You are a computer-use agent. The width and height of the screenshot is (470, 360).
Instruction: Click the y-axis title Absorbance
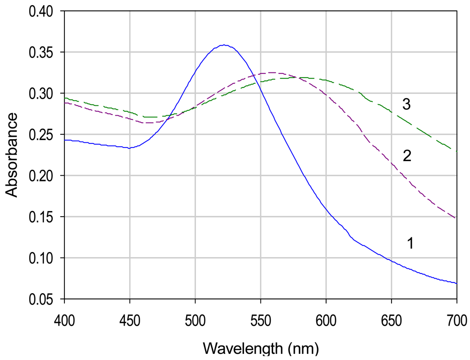pos(12,155)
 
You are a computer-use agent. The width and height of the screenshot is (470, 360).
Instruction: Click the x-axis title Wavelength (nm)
pos(261,349)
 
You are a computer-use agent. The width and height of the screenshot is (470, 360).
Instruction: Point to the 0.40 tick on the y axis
pos(41,11)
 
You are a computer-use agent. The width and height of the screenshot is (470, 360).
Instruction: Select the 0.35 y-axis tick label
pos(41,52)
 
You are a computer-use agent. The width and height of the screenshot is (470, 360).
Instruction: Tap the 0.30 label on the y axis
pos(41,94)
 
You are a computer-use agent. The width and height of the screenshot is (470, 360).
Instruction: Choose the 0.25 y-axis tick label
pos(41,134)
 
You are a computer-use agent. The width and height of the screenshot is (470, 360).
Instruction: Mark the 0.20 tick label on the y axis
pos(41,176)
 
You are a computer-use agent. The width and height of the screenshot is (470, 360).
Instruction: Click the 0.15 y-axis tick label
pos(41,217)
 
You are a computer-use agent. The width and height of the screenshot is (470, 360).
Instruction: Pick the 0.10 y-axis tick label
pos(41,258)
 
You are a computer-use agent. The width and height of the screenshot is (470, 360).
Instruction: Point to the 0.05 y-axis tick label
pos(41,299)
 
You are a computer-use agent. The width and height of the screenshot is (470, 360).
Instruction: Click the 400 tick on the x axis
pos(64,321)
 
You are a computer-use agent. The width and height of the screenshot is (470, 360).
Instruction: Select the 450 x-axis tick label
pos(130,321)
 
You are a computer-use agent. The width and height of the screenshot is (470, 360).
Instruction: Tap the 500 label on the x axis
pos(195,321)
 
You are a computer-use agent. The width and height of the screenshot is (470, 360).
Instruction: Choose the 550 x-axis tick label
pos(260,321)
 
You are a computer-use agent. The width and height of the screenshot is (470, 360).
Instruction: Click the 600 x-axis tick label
pos(326,321)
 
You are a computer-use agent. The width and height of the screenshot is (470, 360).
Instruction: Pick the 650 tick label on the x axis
pos(391,321)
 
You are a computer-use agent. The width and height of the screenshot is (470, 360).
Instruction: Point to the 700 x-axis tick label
pos(456,321)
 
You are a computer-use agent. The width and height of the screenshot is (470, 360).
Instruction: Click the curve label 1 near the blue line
pos(410,243)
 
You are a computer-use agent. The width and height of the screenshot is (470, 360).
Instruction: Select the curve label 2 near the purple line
pos(407,156)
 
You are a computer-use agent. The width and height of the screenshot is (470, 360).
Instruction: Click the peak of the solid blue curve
pos(225,45)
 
